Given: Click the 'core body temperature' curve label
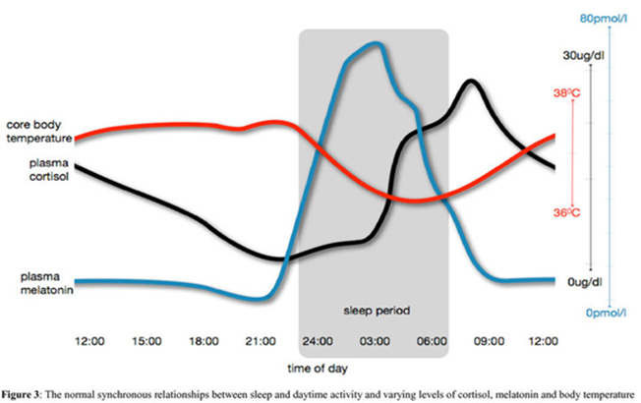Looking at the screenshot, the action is tap(39, 131).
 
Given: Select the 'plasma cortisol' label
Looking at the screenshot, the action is tap(48, 170).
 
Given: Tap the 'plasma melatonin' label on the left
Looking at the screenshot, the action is tap(46, 283).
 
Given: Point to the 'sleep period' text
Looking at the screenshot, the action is tap(377, 311).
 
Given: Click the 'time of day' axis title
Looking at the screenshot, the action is tap(318, 369).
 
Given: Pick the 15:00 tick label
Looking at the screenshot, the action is tap(146, 341).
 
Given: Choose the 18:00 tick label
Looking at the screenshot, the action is tap(204, 341).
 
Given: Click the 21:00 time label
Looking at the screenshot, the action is tap(261, 341).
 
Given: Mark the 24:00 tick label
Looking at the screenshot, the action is tap(318, 341).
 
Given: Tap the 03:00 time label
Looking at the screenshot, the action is tap(375, 341).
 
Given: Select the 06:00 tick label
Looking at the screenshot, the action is tap(432, 341).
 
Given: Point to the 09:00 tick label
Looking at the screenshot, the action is tap(489, 341).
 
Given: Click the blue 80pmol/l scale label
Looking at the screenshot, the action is tap(603, 19).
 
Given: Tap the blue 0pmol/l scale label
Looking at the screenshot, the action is tap(606, 314).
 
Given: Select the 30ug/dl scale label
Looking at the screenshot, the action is tap(583, 56).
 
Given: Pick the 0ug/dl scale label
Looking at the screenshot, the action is tap(585, 282).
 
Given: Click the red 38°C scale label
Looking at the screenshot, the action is tap(566, 93).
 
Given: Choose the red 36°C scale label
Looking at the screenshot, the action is tap(566, 212).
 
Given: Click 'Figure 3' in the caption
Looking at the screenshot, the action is tap(22, 395).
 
